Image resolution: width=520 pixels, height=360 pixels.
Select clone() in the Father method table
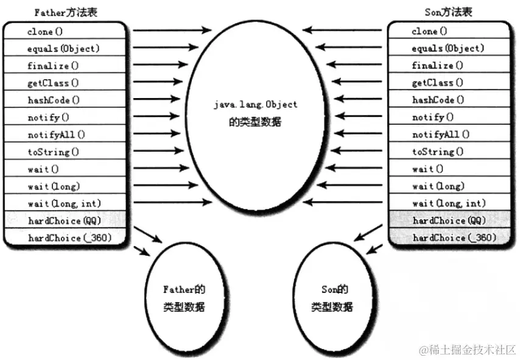pyautogui.click(x=44, y=31)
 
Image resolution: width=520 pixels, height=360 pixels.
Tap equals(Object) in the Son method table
pyautogui.click(x=448, y=48)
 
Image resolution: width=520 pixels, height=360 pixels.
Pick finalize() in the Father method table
pyautogui.click(x=48, y=65)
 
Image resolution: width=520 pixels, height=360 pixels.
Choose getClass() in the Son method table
pyautogui.click(x=437, y=83)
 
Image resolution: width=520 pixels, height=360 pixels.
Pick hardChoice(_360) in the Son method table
pyautogui.click(x=454, y=238)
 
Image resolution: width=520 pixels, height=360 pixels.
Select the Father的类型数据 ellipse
pyautogui.click(x=183, y=297)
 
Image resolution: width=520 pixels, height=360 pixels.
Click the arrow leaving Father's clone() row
pyautogui.click(x=172, y=29)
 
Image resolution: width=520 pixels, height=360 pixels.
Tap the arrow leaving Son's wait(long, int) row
pyautogui.click(x=344, y=202)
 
